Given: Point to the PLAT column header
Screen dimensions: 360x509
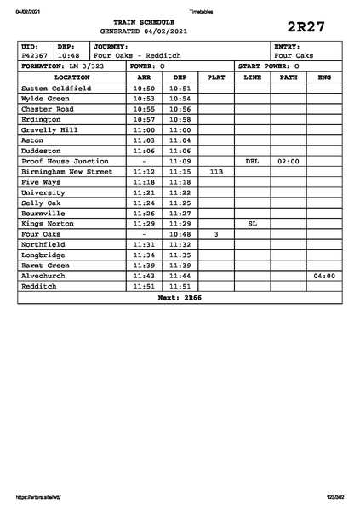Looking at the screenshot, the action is click(x=216, y=77).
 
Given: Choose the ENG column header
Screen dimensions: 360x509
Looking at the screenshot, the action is click(x=323, y=77).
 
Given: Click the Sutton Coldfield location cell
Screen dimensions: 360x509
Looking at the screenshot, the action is click(x=55, y=88).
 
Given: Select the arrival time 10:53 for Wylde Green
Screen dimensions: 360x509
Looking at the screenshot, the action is click(x=144, y=98).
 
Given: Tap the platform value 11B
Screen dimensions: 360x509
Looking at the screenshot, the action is click(x=216, y=171).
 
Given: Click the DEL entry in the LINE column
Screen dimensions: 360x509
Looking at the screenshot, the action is click(x=252, y=161).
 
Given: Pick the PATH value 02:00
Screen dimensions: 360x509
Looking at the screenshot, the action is click(x=289, y=161).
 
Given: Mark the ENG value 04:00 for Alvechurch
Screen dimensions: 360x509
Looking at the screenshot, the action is click(x=323, y=276).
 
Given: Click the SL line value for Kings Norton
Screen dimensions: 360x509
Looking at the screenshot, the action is click(x=252, y=223).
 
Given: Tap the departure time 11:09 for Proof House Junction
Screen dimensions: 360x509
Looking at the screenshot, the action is click(x=180, y=161).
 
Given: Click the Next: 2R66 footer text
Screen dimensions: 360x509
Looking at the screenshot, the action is click(x=180, y=298).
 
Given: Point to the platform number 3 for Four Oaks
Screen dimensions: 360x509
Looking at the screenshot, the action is click(x=216, y=233).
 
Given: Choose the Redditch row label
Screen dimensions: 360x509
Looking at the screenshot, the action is click(x=40, y=286).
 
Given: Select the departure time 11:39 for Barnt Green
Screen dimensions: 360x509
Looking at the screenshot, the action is click(x=180, y=265).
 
